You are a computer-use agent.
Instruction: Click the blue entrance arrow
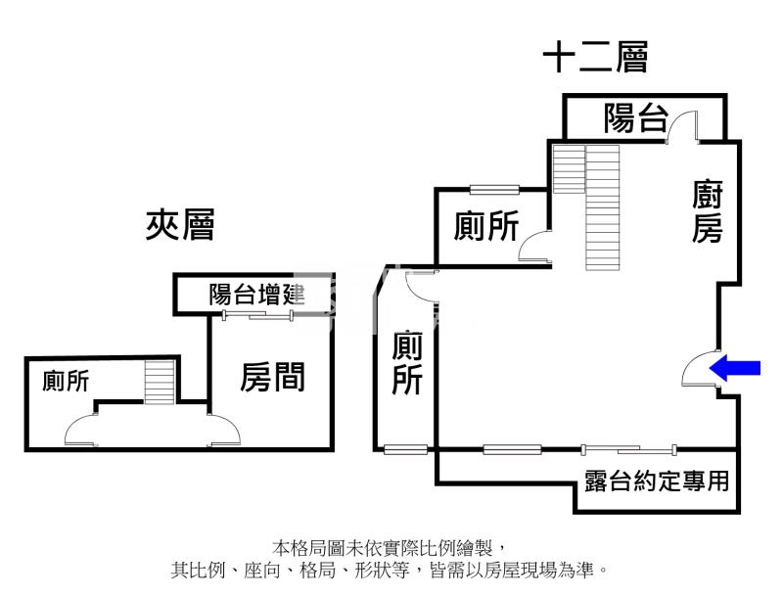click(735, 368)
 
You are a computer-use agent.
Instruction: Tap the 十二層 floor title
click(595, 57)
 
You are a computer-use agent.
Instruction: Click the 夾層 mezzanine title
click(180, 225)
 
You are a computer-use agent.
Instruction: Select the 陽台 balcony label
click(635, 118)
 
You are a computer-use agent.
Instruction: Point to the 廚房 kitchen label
click(708, 211)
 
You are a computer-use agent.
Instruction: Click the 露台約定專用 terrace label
click(657, 481)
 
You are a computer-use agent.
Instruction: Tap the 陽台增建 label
click(256, 294)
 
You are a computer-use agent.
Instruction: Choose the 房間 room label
click(272, 377)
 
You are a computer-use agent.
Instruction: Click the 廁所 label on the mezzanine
click(66, 381)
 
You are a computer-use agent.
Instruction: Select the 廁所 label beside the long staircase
click(485, 226)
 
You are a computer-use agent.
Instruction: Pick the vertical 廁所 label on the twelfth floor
click(407, 362)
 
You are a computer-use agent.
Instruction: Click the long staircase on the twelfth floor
click(603, 207)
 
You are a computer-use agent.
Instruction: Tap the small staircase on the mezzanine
click(160, 382)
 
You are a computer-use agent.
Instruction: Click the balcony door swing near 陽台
click(682, 127)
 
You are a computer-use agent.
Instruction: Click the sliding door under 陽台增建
click(257, 315)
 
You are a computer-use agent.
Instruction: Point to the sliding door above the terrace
click(629, 450)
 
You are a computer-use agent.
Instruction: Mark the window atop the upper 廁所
click(494, 190)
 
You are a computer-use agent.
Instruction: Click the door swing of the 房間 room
click(224, 429)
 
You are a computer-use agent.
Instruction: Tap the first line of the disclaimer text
click(390, 548)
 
